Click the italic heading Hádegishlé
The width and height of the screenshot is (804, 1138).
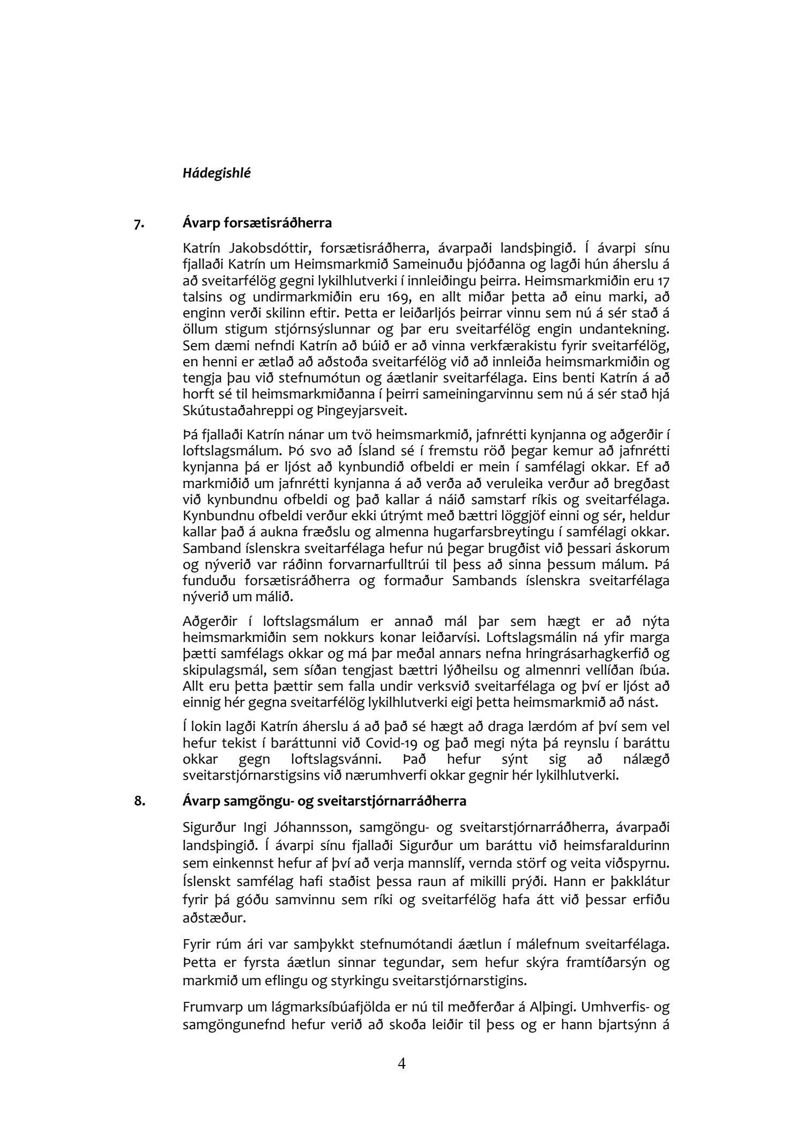[217, 173]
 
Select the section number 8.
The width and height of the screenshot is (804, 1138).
[139, 802]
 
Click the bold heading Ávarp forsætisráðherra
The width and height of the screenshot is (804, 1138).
[257, 223]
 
